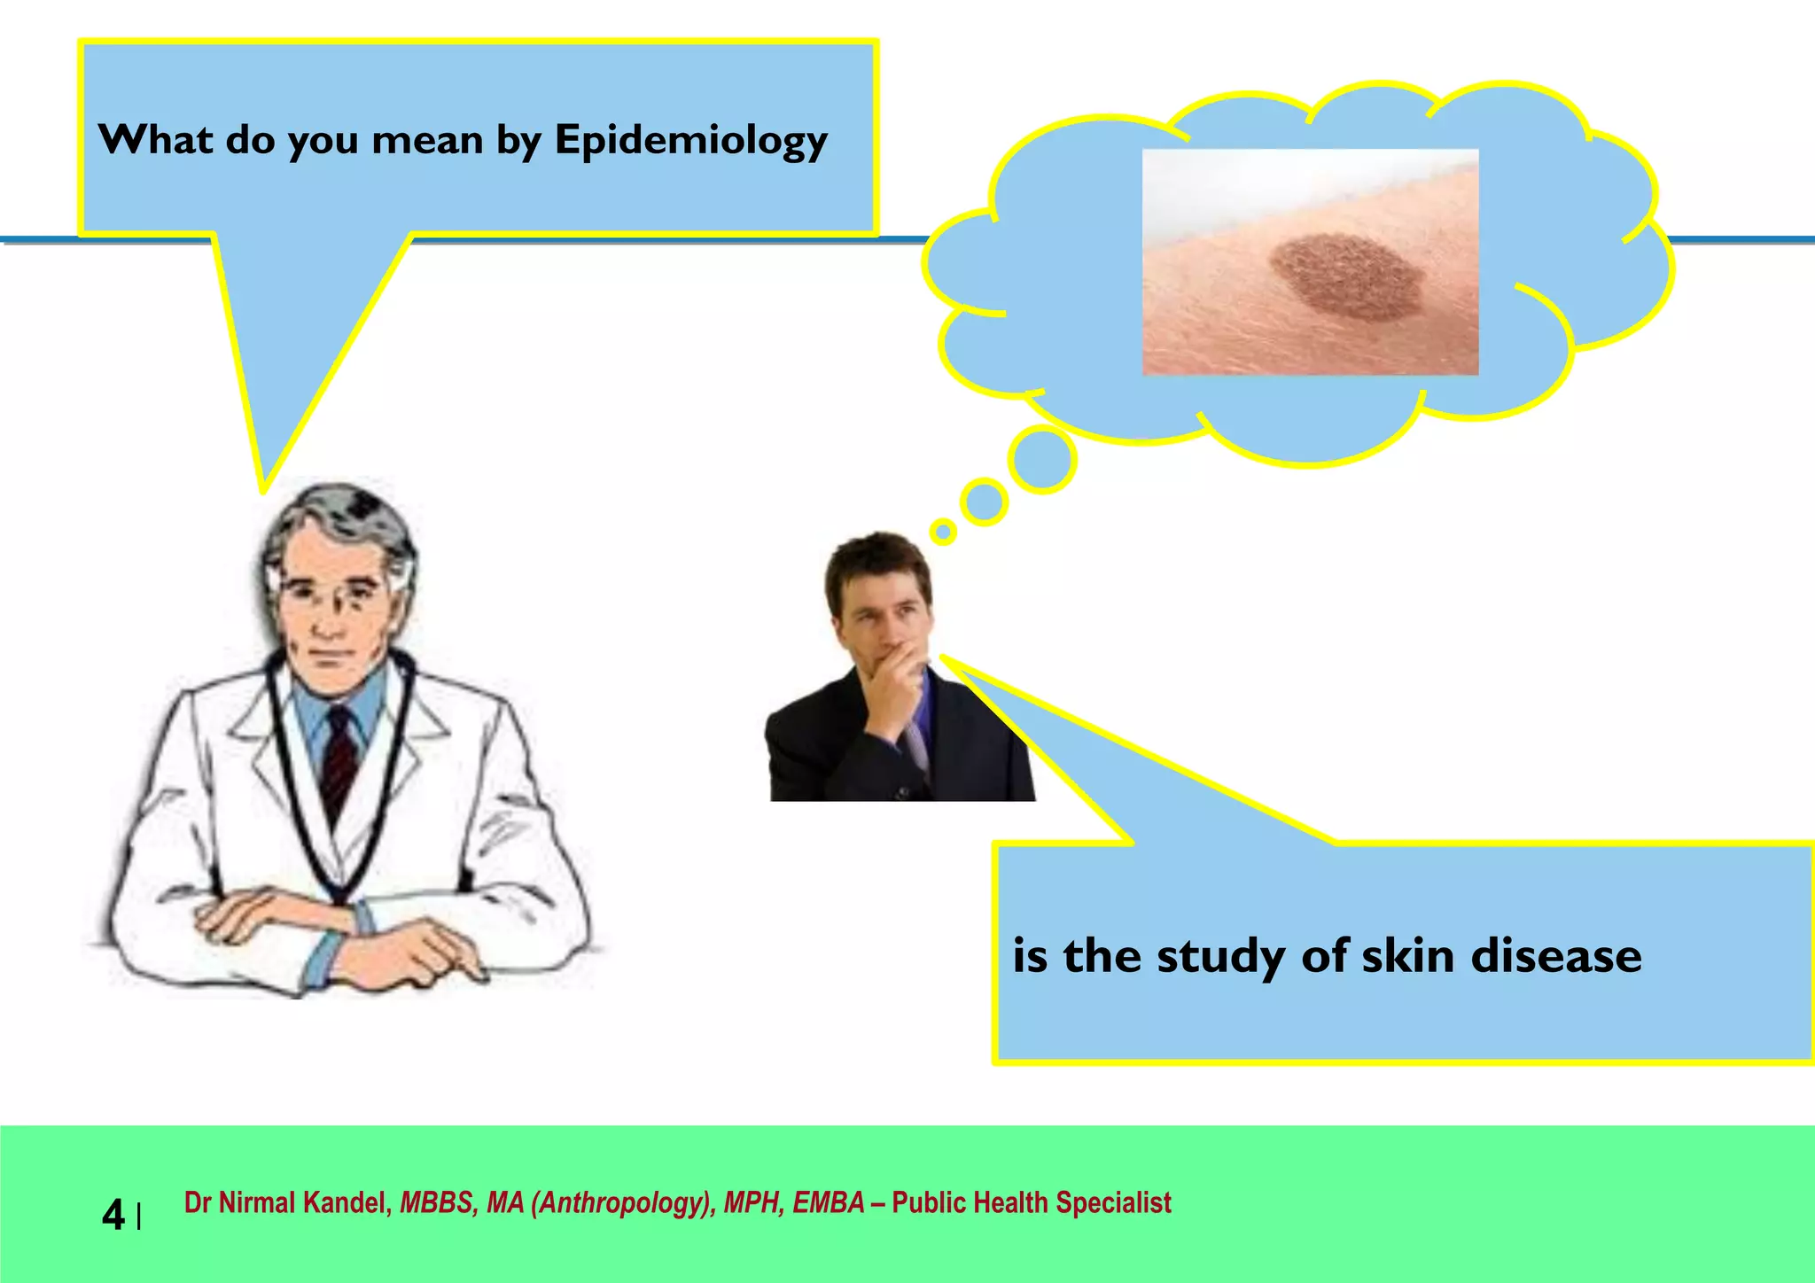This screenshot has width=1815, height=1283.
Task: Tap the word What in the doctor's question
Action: coord(155,139)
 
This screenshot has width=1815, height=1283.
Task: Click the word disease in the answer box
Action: coord(1555,956)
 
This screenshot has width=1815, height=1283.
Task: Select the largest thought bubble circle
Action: coord(1043,459)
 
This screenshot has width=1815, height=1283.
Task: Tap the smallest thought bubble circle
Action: coord(943,532)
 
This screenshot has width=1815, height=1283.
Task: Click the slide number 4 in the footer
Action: coord(113,1215)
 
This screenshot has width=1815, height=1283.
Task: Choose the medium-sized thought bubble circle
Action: coord(984,502)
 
